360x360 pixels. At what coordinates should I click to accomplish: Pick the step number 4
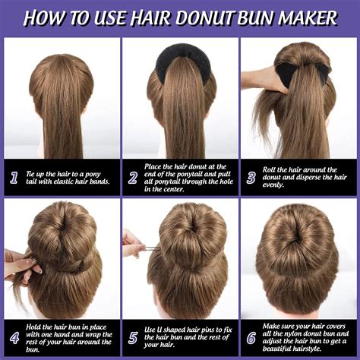[x=14, y=336]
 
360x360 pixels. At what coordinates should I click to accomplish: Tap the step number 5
[x=133, y=336]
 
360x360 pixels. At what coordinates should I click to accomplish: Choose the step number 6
[x=251, y=336]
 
